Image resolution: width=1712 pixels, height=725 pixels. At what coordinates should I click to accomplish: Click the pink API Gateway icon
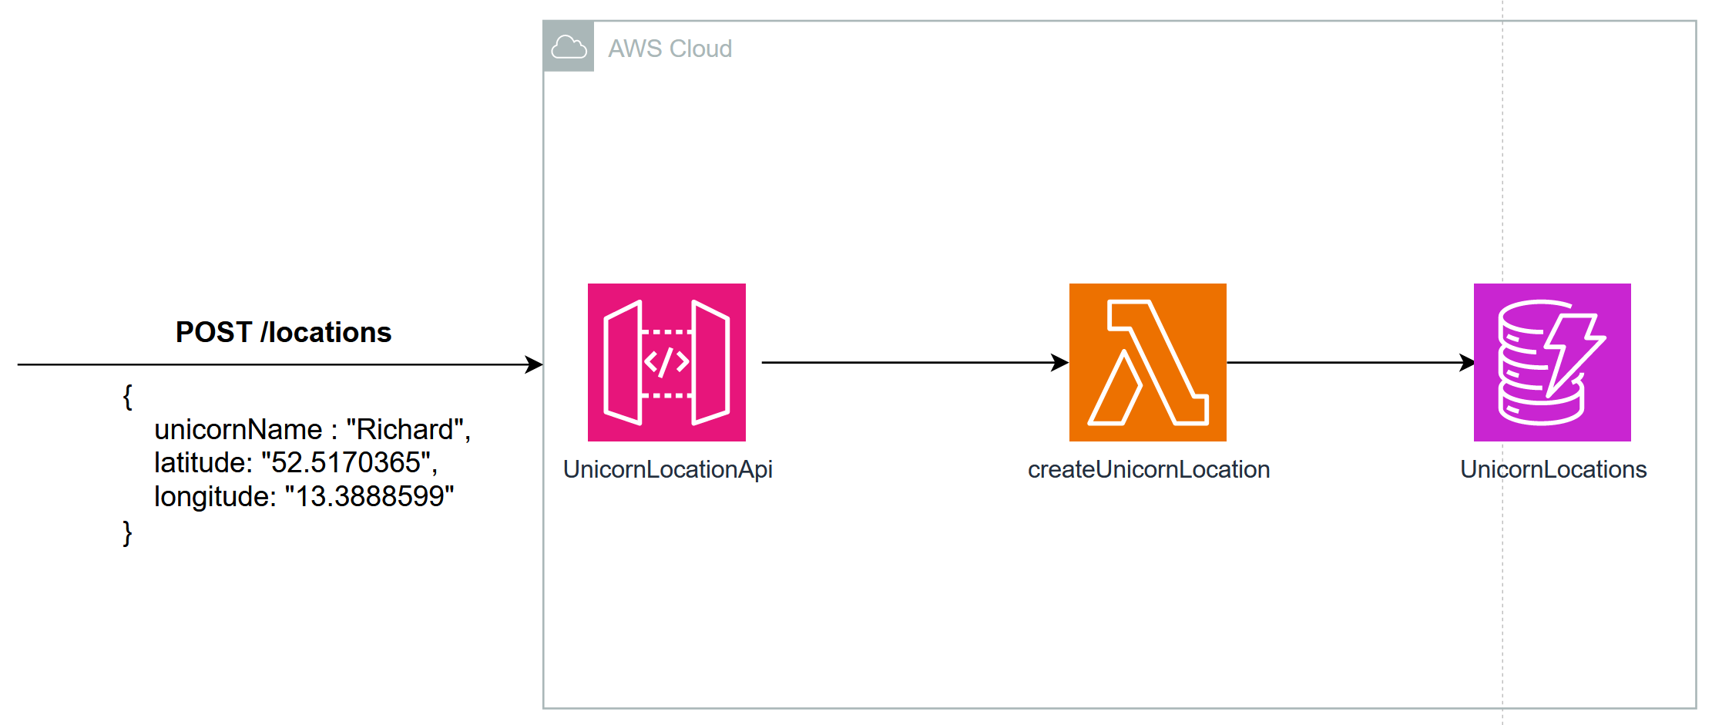(x=666, y=362)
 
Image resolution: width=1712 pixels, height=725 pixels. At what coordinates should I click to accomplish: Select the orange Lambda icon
(x=1147, y=362)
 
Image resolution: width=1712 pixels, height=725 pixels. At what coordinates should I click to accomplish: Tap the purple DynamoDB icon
(x=1552, y=362)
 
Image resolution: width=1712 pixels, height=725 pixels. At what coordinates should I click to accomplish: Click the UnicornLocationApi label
(x=667, y=469)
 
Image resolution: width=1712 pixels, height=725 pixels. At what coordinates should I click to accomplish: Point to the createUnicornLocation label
(x=1148, y=469)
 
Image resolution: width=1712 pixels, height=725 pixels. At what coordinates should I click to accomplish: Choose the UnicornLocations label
(x=1553, y=469)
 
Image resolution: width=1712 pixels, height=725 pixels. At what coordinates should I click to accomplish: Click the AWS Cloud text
(x=670, y=49)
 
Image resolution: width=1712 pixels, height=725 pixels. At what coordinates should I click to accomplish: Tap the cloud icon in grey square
(x=569, y=47)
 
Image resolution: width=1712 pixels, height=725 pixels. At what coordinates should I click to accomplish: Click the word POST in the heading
(x=213, y=332)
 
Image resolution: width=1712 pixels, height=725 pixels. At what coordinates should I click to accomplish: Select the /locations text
(x=326, y=332)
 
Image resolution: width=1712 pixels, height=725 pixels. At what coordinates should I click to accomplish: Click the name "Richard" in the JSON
(x=405, y=429)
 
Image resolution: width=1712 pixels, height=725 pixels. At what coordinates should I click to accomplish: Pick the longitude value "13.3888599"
(x=369, y=496)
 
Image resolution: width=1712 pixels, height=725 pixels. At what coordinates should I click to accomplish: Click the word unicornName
(x=238, y=429)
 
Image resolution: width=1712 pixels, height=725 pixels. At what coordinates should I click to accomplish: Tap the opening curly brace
(x=127, y=397)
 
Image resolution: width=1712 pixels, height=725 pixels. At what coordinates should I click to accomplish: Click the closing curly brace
(x=127, y=532)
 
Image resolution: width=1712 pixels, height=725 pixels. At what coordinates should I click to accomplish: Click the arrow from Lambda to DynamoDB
(x=1348, y=362)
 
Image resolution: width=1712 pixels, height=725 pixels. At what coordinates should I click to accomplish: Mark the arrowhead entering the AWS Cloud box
(x=534, y=364)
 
